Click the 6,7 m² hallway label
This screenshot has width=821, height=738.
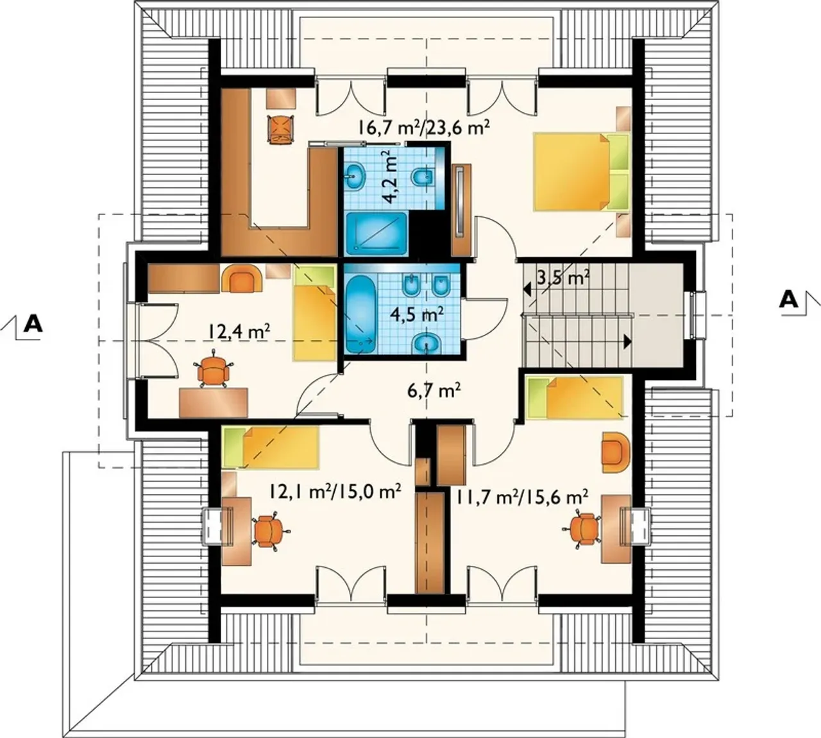click(x=433, y=391)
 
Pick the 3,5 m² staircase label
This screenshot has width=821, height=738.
click(x=563, y=279)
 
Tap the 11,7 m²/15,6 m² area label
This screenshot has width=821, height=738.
click(x=523, y=497)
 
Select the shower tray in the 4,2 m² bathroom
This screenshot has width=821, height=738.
click(x=377, y=234)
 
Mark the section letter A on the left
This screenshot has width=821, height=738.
click(x=33, y=324)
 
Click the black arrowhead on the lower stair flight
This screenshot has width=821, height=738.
click(x=627, y=341)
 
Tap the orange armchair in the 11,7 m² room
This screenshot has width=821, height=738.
click(x=616, y=452)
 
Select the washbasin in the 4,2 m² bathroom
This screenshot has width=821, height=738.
click(x=356, y=176)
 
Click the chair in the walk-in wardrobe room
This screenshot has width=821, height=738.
click(x=280, y=128)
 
